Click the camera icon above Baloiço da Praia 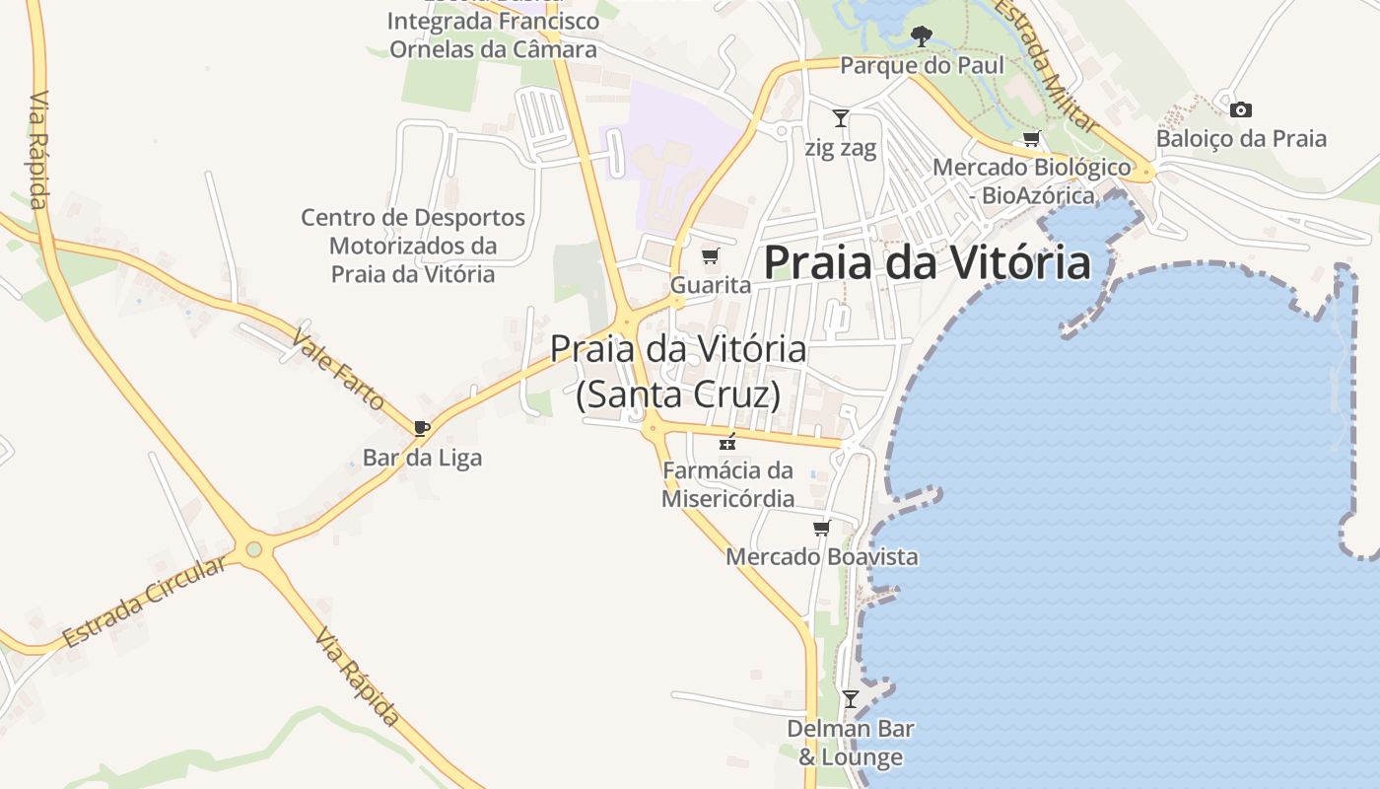[x=1241, y=109]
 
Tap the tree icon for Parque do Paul [x=922, y=37]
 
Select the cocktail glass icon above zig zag [x=841, y=118]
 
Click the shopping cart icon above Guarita [x=710, y=256]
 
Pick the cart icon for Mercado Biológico [x=1032, y=138]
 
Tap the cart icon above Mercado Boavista [x=821, y=529]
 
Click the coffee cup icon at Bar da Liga [x=422, y=428]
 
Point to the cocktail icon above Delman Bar [x=850, y=699]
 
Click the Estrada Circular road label [x=144, y=602]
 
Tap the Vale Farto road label [x=337, y=369]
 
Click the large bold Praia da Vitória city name [x=928, y=263]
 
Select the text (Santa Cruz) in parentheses [x=678, y=394]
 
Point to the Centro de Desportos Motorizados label [x=413, y=246]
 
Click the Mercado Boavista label [x=821, y=556]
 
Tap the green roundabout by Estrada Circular [x=254, y=548]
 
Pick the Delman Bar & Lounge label [x=850, y=743]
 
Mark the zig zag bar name [x=841, y=149]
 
